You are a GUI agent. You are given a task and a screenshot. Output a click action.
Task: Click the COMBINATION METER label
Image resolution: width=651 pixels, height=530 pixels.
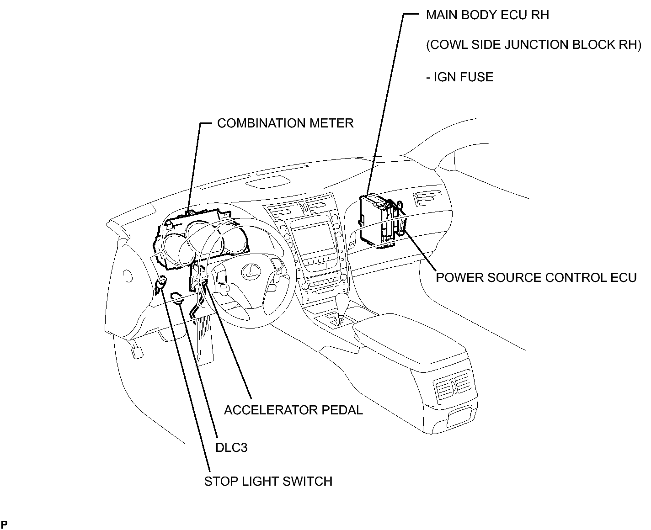(x=285, y=123)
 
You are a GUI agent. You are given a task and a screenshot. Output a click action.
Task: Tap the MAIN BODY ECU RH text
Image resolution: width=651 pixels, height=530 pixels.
(x=487, y=15)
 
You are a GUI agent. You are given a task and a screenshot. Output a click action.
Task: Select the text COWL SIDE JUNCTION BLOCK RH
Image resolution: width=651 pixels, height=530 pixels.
(x=534, y=45)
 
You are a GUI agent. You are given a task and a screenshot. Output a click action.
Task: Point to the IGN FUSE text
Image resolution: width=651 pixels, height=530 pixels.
(x=460, y=77)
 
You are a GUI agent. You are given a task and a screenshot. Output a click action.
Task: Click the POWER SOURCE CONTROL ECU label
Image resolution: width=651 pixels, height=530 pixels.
(x=536, y=278)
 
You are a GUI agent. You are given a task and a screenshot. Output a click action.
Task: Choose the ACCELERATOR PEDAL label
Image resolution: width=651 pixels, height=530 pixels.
(x=293, y=410)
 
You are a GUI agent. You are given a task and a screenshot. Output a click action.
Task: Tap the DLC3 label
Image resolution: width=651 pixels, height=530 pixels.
(x=231, y=447)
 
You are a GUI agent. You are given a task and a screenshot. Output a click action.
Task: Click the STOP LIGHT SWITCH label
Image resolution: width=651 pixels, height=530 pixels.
(x=268, y=481)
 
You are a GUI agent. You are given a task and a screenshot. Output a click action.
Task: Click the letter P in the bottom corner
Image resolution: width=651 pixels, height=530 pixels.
(x=5, y=524)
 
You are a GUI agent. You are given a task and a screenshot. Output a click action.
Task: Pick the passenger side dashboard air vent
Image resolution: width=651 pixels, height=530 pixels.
(x=424, y=200)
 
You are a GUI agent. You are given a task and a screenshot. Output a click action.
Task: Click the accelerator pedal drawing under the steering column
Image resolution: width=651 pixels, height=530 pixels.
(x=204, y=338)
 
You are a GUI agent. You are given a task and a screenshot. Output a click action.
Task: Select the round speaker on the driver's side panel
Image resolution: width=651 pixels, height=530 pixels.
(x=128, y=276)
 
